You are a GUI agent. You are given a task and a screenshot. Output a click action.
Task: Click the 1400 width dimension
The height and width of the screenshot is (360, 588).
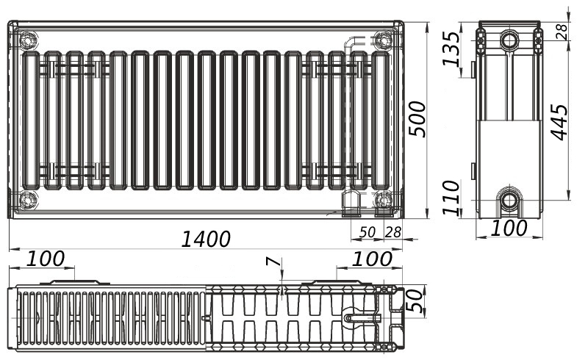click(206, 240)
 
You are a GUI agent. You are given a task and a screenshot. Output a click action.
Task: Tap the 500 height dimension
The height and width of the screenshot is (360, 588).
click(417, 119)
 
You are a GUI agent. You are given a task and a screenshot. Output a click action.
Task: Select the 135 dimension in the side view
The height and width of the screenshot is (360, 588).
click(451, 48)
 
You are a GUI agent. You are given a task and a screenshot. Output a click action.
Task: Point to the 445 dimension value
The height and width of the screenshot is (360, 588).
click(560, 123)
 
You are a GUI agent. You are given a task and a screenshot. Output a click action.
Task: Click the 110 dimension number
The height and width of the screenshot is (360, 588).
click(451, 197)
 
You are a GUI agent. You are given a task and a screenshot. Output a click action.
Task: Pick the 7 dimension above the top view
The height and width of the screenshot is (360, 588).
click(273, 261)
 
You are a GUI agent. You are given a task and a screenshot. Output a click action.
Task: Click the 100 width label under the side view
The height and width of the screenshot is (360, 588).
click(509, 228)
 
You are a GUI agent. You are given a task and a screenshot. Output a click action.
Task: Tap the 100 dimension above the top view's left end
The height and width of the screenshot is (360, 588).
click(46, 259)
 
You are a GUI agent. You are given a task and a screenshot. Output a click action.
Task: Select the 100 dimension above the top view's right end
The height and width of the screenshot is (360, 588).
click(373, 259)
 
